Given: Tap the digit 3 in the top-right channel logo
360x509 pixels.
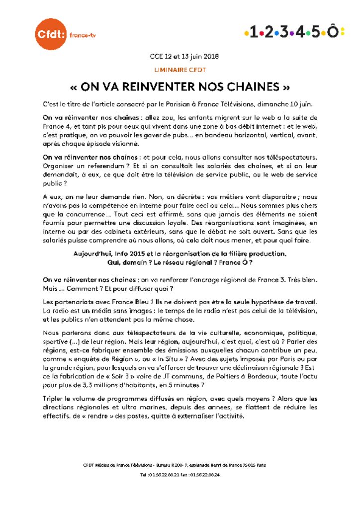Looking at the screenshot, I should pyautogui.click(x=284, y=33).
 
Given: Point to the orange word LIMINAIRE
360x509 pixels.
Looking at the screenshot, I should pyautogui.click(x=169, y=70).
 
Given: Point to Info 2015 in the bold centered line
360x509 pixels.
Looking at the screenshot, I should pyautogui.click(x=131, y=254).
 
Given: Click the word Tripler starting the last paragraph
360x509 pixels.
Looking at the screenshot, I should pyautogui.click(x=54, y=399).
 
